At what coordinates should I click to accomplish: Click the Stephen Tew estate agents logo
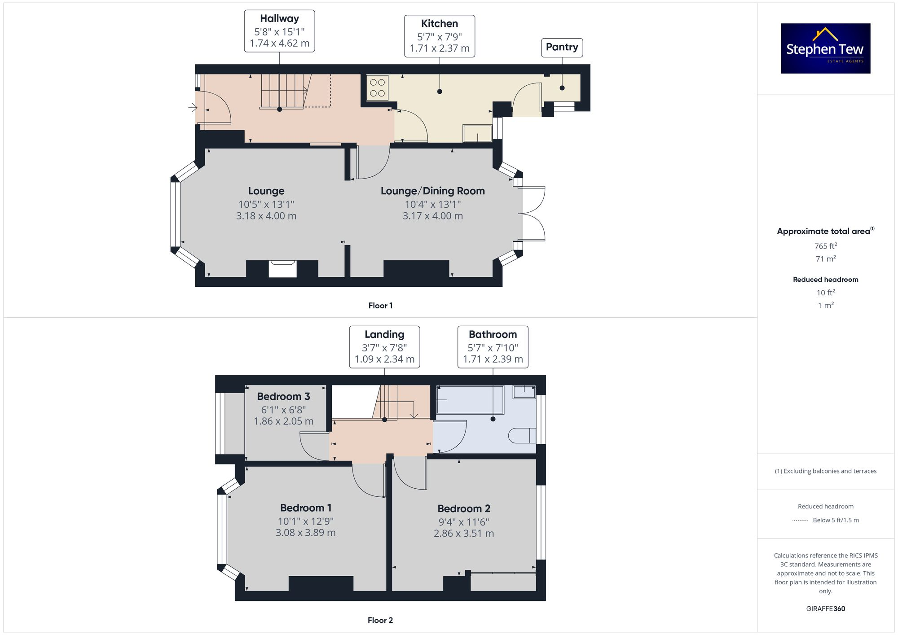(825, 48)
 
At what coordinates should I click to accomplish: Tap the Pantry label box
(562, 48)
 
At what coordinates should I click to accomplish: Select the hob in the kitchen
(377, 88)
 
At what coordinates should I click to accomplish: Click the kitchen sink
(477, 134)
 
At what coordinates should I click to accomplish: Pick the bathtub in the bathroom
(470, 399)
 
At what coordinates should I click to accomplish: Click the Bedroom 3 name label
(283, 396)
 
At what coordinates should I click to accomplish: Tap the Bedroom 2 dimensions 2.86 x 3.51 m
(463, 533)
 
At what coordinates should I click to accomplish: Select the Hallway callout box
(279, 31)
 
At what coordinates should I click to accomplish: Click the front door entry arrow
(193, 108)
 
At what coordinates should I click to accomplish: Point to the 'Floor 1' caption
(380, 306)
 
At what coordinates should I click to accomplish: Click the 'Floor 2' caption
(380, 620)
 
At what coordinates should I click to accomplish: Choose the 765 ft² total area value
(825, 246)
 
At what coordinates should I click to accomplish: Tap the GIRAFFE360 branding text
(825, 609)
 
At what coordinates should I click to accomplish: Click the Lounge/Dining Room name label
(432, 191)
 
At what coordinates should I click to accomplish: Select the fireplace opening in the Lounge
(282, 269)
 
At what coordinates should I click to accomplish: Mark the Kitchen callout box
(439, 36)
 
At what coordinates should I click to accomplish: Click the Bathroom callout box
(493, 347)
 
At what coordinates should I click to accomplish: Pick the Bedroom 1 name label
(305, 508)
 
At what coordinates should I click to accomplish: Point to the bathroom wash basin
(524, 392)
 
